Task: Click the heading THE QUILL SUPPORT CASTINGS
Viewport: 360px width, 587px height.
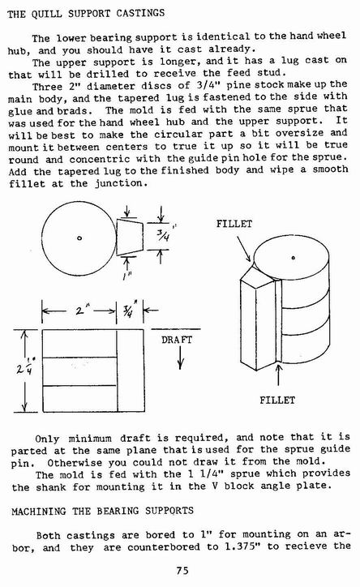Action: pyautogui.click(x=86, y=14)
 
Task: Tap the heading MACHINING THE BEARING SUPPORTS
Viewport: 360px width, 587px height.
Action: pyautogui.click(x=102, y=511)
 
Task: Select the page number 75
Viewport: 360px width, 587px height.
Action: pyautogui.click(x=182, y=570)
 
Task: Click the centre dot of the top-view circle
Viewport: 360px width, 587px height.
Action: pyautogui.click(x=79, y=238)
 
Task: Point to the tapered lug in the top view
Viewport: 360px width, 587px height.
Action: pyautogui.click(x=130, y=238)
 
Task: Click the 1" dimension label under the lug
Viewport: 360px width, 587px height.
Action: pyautogui.click(x=126, y=276)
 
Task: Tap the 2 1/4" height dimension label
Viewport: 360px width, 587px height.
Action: pyautogui.click(x=24, y=367)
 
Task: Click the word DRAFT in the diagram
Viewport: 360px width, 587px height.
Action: pyautogui.click(x=177, y=340)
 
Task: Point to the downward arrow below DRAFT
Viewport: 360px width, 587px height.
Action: pyautogui.click(x=180, y=358)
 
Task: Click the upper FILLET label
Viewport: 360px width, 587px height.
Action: pyautogui.click(x=234, y=224)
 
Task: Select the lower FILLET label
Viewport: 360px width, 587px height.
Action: pyautogui.click(x=277, y=401)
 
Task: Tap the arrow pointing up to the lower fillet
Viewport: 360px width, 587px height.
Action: pyautogui.click(x=278, y=375)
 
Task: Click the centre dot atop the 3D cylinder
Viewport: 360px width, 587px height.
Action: pyautogui.click(x=293, y=258)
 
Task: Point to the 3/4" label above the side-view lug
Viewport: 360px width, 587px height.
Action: pyautogui.click(x=129, y=311)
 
